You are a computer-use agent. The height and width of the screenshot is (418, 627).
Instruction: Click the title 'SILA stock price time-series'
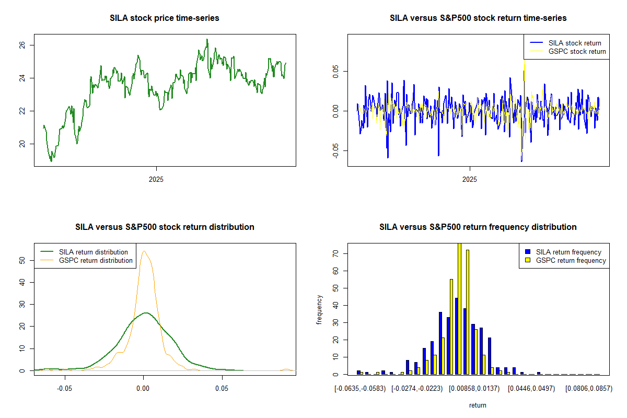coord(165,18)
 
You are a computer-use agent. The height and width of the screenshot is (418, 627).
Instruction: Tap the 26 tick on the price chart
coord(24,45)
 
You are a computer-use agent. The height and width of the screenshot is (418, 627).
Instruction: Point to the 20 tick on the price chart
coord(24,144)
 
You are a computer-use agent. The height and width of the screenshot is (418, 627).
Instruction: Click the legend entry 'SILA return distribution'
coord(93,252)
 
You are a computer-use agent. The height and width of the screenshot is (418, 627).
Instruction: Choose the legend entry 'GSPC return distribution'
coord(96,260)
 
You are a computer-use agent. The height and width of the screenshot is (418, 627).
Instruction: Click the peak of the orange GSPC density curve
coord(144,251)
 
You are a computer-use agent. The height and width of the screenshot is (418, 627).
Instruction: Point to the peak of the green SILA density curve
coord(146,313)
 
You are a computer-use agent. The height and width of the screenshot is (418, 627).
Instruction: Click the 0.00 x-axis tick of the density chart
coord(144,389)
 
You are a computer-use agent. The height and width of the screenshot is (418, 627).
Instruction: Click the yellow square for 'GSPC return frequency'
coord(528,260)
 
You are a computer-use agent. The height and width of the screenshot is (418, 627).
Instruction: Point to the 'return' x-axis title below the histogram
coord(478,405)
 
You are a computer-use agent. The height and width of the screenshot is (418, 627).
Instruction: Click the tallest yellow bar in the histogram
coord(459,308)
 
